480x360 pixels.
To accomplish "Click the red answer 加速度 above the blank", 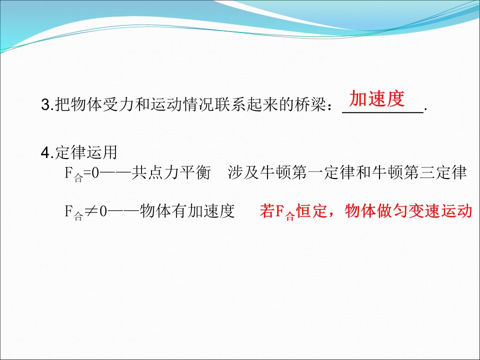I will pos(376,99).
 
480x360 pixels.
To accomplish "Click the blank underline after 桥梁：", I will pos(383,113).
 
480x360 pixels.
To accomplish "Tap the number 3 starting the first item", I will pos(44,105).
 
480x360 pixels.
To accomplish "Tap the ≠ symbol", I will pos(90,212).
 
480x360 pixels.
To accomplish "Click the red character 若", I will pos(266,212).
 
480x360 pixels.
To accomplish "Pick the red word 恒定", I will pos(310,212).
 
